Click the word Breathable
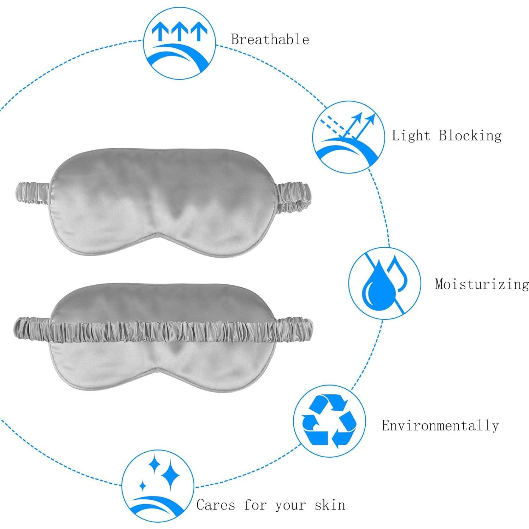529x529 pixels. click(x=270, y=39)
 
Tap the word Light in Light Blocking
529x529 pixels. click(x=411, y=136)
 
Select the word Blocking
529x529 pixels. click(x=470, y=136)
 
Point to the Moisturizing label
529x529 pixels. click(x=482, y=284)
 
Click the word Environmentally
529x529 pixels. click(x=440, y=425)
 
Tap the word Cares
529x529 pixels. click(x=216, y=505)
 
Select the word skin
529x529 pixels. click(x=330, y=505)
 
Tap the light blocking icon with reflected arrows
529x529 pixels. click(x=348, y=137)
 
